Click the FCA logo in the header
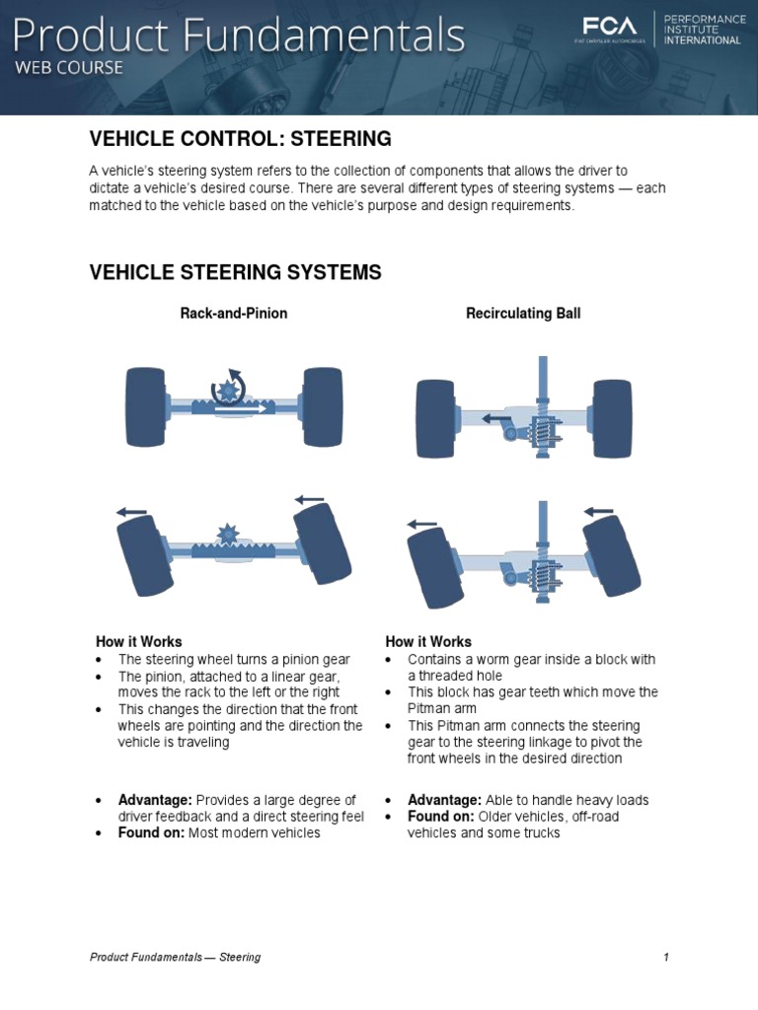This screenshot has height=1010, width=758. pos(609,28)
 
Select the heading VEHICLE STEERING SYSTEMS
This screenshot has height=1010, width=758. pos(235,272)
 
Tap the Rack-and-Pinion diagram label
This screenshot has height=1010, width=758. pos(234,314)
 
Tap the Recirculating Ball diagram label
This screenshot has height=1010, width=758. pos(523,314)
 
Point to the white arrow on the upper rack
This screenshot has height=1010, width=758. pos(243,406)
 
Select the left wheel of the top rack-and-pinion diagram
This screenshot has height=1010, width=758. pos(145,406)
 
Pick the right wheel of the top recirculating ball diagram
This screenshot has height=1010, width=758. pos(613,418)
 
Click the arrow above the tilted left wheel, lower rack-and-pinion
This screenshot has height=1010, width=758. pos(131,512)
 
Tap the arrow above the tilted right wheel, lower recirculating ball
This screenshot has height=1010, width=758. pos(600,511)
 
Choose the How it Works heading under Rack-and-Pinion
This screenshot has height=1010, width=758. pos(138,642)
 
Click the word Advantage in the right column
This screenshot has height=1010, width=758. pos(444,800)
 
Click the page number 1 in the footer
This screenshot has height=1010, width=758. pos(666,957)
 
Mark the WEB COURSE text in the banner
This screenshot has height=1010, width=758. pos(68,68)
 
